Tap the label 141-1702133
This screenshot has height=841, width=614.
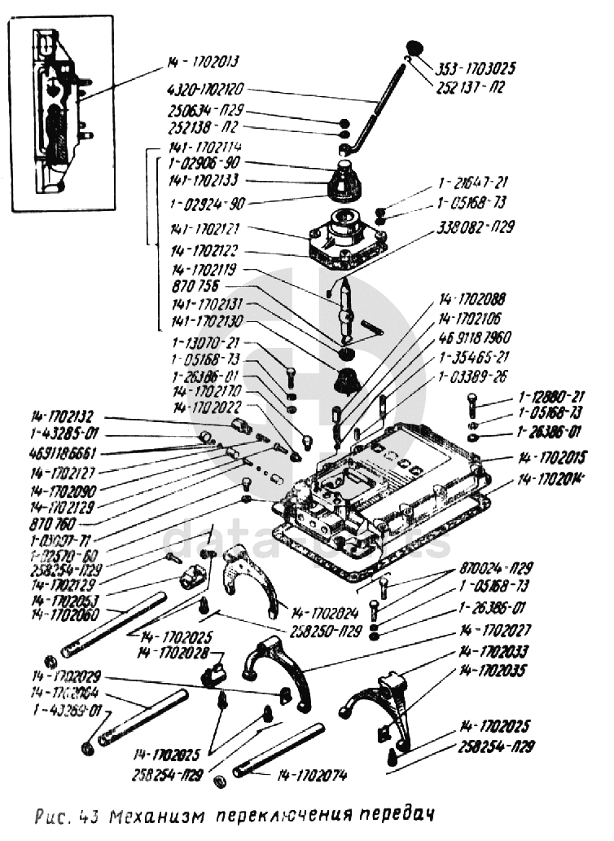(x=205, y=181)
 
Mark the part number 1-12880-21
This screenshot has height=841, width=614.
(x=551, y=398)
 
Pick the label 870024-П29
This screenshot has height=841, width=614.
(x=498, y=567)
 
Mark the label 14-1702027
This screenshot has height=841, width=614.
(x=496, y=630)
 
